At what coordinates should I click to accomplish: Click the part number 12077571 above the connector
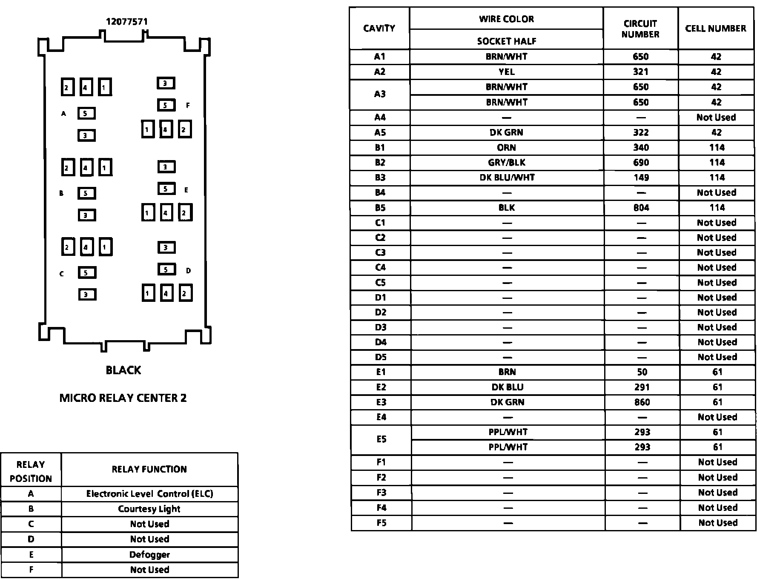point(126,22)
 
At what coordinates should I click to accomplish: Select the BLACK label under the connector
point(123,370)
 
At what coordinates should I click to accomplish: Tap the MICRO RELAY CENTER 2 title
point(123,398)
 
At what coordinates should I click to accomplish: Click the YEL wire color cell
point(507,72)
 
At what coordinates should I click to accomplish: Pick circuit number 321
point(640,72)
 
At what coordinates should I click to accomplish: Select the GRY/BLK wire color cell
point(507,163)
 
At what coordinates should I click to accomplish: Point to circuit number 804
point(641,208)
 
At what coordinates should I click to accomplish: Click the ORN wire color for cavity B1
point(507,148)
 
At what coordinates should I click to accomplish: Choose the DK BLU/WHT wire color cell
point(507,178)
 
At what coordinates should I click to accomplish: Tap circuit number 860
point(642,402)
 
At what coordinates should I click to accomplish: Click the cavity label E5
point(381,439)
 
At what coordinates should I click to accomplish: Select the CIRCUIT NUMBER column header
point(640,29)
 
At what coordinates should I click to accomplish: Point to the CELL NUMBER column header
point(715,29)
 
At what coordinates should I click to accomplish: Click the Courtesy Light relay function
point(149,509)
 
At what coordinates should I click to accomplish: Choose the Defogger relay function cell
point(149,555)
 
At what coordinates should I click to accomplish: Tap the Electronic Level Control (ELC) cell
point(149,494)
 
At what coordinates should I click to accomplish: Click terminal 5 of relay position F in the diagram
point(166,105)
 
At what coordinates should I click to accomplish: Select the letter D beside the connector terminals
point(189,270)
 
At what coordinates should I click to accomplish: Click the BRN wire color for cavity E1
point(507,372)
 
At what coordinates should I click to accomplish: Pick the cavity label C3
point(380,253)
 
